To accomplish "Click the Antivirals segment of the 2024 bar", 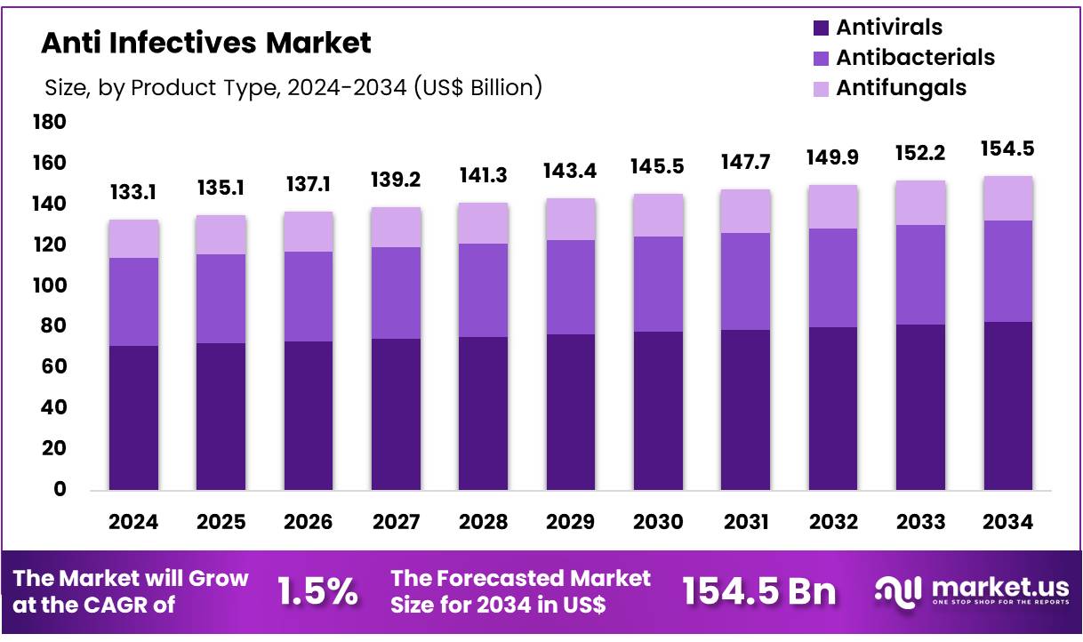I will (x=133, y=418).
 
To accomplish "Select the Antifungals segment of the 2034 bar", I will (x=1007, y=198).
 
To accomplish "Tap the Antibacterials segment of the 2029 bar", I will (x=570, y=287).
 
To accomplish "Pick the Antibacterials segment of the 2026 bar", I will (x=308, y=296).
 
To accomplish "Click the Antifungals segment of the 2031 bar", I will (x=745, y=211).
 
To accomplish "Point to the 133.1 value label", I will (x=133, y=192).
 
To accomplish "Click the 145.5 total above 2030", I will (x=658, y=166).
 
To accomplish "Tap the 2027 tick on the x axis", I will (x=396, y=522).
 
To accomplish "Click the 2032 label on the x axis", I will (x=832, y=522).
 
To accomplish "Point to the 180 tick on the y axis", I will (x=50, y=122).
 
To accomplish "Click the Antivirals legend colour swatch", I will (x=821, y=28).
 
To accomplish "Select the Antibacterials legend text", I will (x=915, y=58).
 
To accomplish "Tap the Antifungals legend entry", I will (x=900, y=88).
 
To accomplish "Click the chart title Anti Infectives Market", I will (x=206, y=42).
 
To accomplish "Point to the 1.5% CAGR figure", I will (x=317, y=591).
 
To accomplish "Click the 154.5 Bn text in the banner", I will (x=759, y=591).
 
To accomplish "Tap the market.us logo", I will (x=971, y=590).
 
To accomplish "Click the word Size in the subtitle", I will (x=63, y=87).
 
